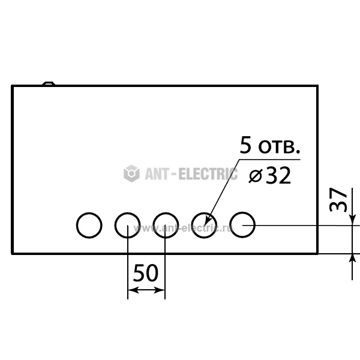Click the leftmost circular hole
89,213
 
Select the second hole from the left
127,213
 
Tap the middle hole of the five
166,213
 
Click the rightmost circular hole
242,213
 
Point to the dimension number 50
146,273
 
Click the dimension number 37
338,200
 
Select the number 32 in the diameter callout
278,176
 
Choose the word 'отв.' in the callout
279,147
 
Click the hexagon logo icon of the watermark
131,173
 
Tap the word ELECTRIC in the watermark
208,174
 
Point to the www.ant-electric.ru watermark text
183,228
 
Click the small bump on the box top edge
49,83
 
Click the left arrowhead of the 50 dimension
133,290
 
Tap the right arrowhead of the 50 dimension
160,290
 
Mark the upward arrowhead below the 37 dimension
352,259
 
